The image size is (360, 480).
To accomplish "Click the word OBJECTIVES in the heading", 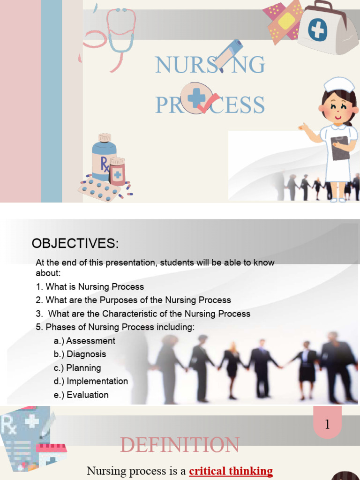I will tap(75, 244).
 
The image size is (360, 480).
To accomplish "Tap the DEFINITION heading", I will tap(180, 445).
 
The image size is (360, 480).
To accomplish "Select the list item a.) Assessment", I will tap(84, 341).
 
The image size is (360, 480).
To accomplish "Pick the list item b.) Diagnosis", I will tap(80, 354).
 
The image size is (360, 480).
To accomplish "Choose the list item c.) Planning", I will tap(77, 368).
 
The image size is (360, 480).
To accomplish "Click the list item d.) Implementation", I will tap(91, 381).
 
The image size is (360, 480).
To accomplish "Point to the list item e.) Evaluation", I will tap(81, 395).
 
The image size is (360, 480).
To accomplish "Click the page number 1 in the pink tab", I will tap(327, 425).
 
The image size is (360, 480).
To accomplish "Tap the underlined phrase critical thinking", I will tap(231, 471).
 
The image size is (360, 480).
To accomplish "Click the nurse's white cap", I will tap(339, 84).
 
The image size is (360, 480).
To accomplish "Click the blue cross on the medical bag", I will tap(317, 29).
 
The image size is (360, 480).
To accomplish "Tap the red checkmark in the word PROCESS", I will tap(208, 104).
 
